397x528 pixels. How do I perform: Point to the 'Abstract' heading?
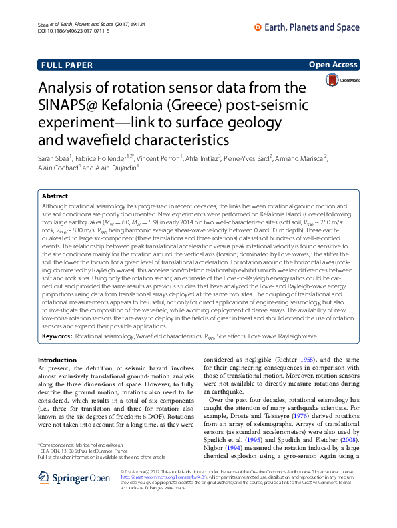pyautogui.click(x=55, y=197)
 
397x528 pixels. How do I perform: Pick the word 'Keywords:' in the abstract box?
pyautogui.click(x=57, y=338)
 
